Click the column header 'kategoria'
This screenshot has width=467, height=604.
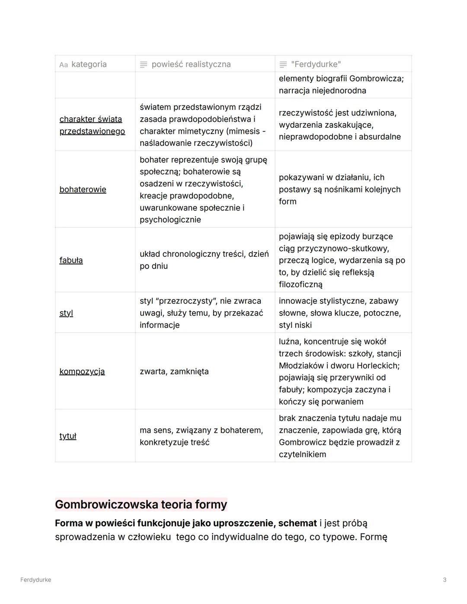click(x=89, y=64)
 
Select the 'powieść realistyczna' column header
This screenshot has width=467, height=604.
click(x=191, y=64)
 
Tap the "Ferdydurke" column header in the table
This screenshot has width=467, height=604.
click(x=316, y=64)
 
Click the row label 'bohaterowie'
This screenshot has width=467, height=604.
click(x=83, y=189)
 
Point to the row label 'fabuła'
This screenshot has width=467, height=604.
click(x=71, y=260)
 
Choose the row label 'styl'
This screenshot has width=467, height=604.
click(x=66, y=313)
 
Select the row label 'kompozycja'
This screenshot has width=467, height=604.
click(x=82, y=371)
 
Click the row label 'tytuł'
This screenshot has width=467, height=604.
click(x=68, y=436)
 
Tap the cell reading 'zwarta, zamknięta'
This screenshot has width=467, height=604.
click(x=174, y=371)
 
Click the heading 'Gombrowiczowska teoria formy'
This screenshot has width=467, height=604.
click(x=141, y=505)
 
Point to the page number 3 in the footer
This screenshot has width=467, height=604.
click(x=445, y=580)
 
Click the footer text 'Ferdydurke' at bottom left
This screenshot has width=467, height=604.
click(x=35, y=580)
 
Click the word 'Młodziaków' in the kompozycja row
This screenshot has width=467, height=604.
click(x=302, y=366)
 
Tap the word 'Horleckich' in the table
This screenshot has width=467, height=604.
click(x=377, y=366)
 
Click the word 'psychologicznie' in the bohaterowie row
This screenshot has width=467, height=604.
click(x=170, y=220)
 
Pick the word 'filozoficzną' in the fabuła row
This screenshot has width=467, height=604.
click(x=301, y=284)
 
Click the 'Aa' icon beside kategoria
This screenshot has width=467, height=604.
click(x=64, y=65)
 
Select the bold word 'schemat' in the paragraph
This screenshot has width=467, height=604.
click(x=297, y=523)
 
